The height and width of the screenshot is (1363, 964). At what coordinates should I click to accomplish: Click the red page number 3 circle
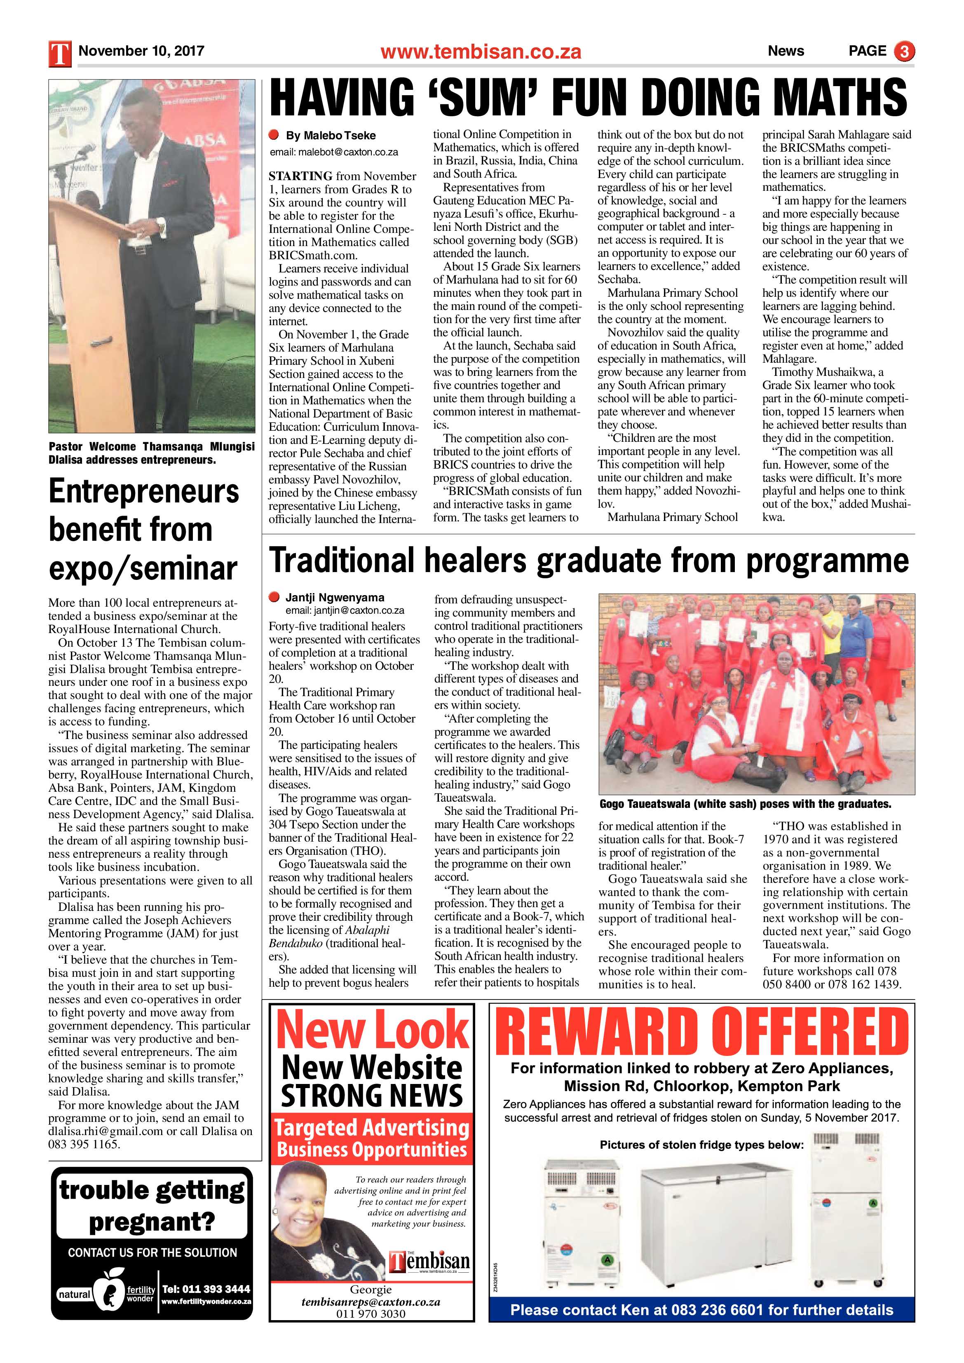click(905, 52)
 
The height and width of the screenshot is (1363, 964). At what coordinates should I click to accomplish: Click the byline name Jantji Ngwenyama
click(335, 598)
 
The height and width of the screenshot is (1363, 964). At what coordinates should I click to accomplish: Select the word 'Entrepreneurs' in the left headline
click(144, 492)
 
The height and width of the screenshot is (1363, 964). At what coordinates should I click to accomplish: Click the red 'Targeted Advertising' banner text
click(372, 1127)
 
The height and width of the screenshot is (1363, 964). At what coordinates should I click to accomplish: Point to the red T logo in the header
click(60, 52)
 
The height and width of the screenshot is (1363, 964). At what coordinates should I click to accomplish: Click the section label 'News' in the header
click(785, 51)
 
